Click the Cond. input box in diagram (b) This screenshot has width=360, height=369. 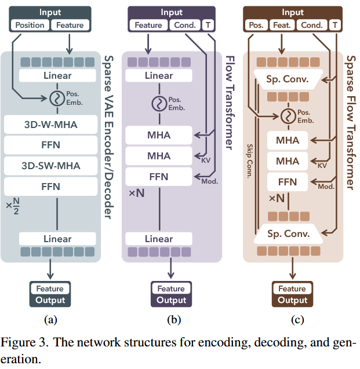pos(185,25)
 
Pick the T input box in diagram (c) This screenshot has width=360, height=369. pos(334,25)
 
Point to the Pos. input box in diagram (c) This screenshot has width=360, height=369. pos(255,25)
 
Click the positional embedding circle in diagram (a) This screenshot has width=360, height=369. pos(57,98)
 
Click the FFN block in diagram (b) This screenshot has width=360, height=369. pos(158,177)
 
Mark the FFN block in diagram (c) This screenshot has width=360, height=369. pos(288,182)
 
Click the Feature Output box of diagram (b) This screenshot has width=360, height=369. pos(171,294)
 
